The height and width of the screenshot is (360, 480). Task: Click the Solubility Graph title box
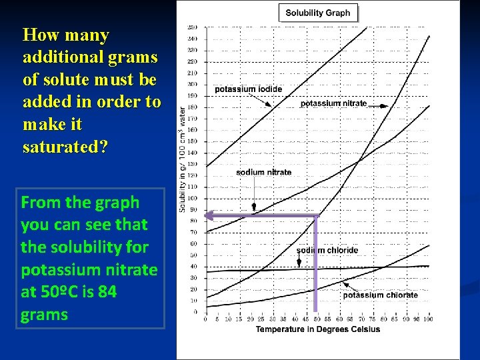click(318, 12)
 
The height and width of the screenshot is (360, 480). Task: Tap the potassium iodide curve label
click(248, 89)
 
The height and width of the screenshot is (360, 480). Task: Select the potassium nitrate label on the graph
click(333, 103)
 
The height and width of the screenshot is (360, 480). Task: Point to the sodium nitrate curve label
click(263, 172)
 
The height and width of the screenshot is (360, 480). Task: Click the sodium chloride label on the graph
click(327, 250)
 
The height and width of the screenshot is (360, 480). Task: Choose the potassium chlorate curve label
click(380, 295)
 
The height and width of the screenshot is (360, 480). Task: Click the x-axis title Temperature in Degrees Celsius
click(318, 329)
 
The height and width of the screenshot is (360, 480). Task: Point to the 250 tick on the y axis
click(192, 27)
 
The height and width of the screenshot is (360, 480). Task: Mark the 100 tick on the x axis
click(428, 319)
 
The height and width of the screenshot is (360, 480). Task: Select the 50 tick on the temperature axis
click(316, 319)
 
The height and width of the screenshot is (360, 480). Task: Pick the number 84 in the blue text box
click(106, 292)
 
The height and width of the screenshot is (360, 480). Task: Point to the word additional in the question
click(56, 57)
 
